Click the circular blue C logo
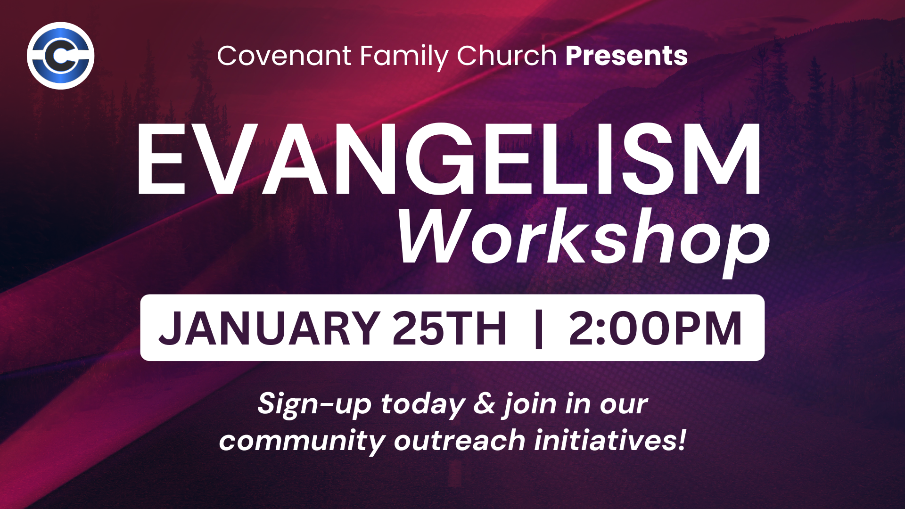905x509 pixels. coord(60,56)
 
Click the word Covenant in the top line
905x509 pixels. coord(284,56)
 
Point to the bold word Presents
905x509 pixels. coord(626,56)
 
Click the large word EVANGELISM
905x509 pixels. coord(449,159)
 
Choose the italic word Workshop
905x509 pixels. coord(584,239)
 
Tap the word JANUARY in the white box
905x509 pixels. coord(270,328)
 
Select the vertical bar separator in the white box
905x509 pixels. coord(539,328)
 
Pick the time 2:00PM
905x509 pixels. coord(655,328)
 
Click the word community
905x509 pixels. coord(302,442)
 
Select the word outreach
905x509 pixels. coord(460,441)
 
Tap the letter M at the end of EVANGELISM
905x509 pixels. coord(725,159)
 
